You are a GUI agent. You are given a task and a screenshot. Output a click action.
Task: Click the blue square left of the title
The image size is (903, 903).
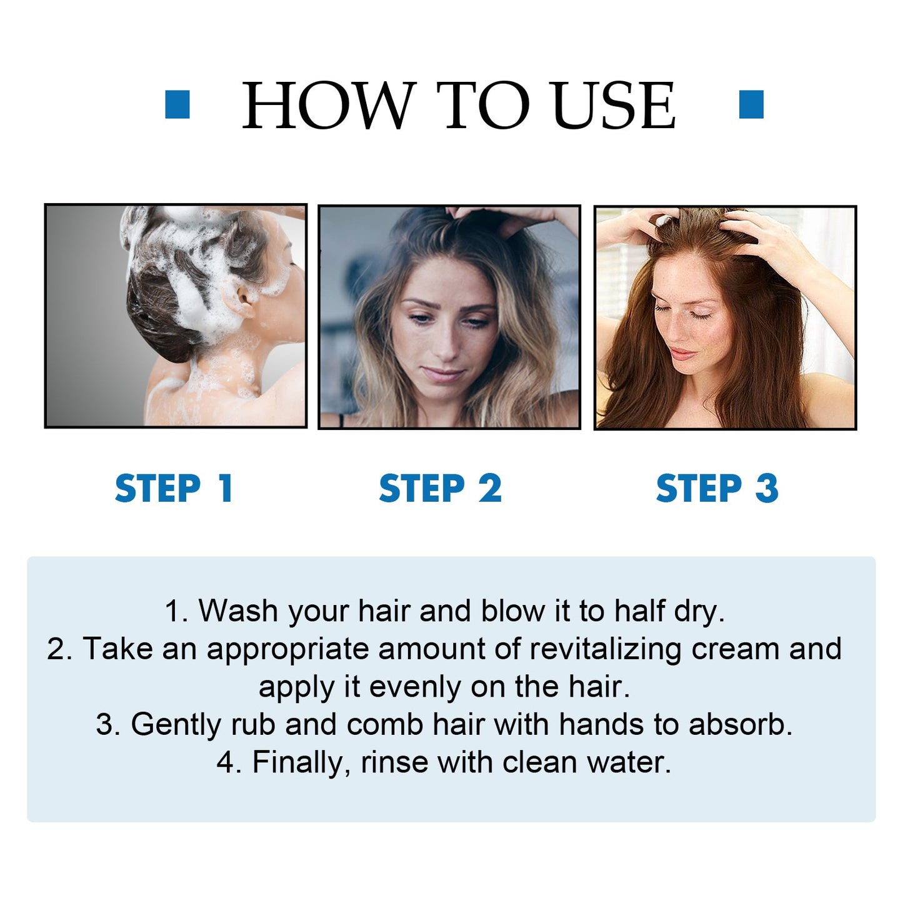177,104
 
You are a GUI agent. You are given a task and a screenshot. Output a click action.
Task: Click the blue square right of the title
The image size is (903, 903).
751,104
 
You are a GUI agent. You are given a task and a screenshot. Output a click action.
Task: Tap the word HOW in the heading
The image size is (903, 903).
329,106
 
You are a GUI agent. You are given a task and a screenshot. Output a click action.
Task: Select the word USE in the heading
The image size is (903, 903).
614,106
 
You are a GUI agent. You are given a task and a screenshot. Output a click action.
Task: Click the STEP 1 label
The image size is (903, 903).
174,489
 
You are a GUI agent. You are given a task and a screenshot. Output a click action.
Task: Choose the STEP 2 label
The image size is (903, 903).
440,489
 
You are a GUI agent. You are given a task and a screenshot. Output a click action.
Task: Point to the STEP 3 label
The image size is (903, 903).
717,489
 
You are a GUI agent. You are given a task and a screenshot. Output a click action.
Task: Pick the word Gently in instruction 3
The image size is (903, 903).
176,725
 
